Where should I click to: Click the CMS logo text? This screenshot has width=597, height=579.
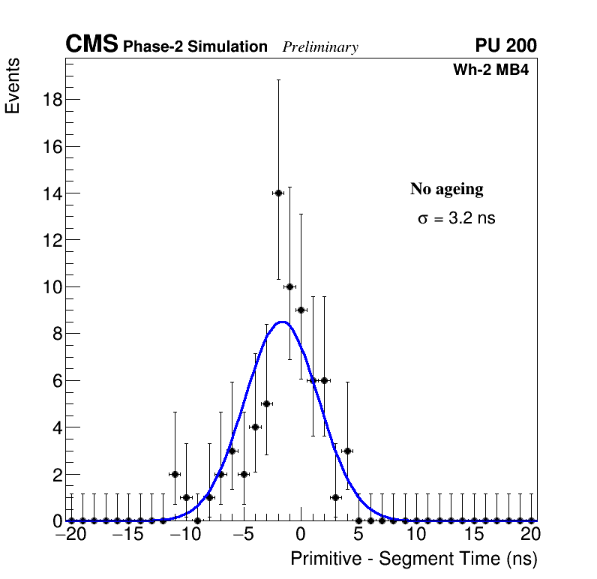[x=91, y=45]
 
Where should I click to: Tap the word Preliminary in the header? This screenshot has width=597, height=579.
[x=320, y=47]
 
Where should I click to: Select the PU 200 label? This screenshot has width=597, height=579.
[x=505, y=46]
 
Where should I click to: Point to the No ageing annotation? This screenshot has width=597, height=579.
[x=446, y=189]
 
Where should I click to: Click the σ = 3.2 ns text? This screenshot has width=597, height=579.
[x=456, y=219]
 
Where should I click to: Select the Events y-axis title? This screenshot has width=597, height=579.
[x=13, y=86]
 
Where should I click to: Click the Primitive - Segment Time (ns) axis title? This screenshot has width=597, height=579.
[x=414, y=559]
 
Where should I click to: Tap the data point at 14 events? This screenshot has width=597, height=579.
[x=278, y=193]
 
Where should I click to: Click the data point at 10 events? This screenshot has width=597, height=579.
[x=289, y=286]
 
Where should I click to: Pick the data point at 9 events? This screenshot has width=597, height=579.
[x=301, y=310]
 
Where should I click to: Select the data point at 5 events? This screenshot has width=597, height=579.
[x=266, y=403]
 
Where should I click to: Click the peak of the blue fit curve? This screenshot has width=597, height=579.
[x=281, y=322]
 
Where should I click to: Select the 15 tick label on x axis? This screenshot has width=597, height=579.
[x=473, y=535]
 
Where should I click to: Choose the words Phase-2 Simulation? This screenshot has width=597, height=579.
[x=195, y=47]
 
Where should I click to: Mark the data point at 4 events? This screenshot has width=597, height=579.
[x=255, y=427]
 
